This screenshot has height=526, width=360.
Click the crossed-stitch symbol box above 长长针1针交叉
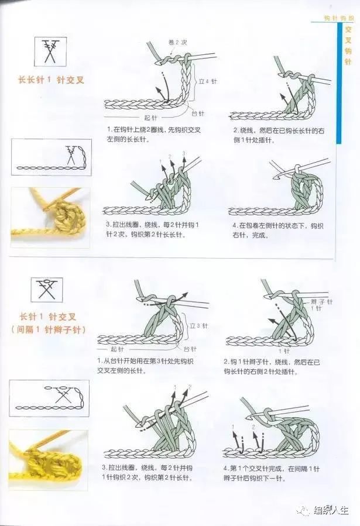click(x=50, y=51)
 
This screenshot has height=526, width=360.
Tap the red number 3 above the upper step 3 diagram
click(x=184, y=153)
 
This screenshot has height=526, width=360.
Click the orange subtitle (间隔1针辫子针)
click(x=49, y=330)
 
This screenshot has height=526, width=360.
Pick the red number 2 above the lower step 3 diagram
click(x=189, y=387)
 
